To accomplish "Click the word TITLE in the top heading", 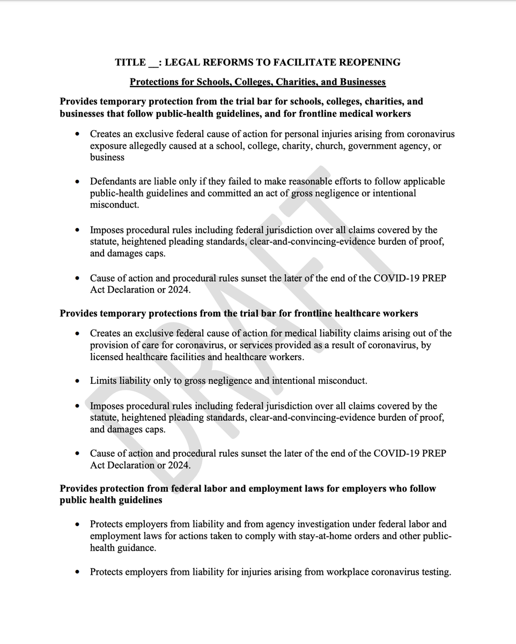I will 130,62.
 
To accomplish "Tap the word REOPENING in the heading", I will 373,62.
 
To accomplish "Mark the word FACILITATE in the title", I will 292,62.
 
